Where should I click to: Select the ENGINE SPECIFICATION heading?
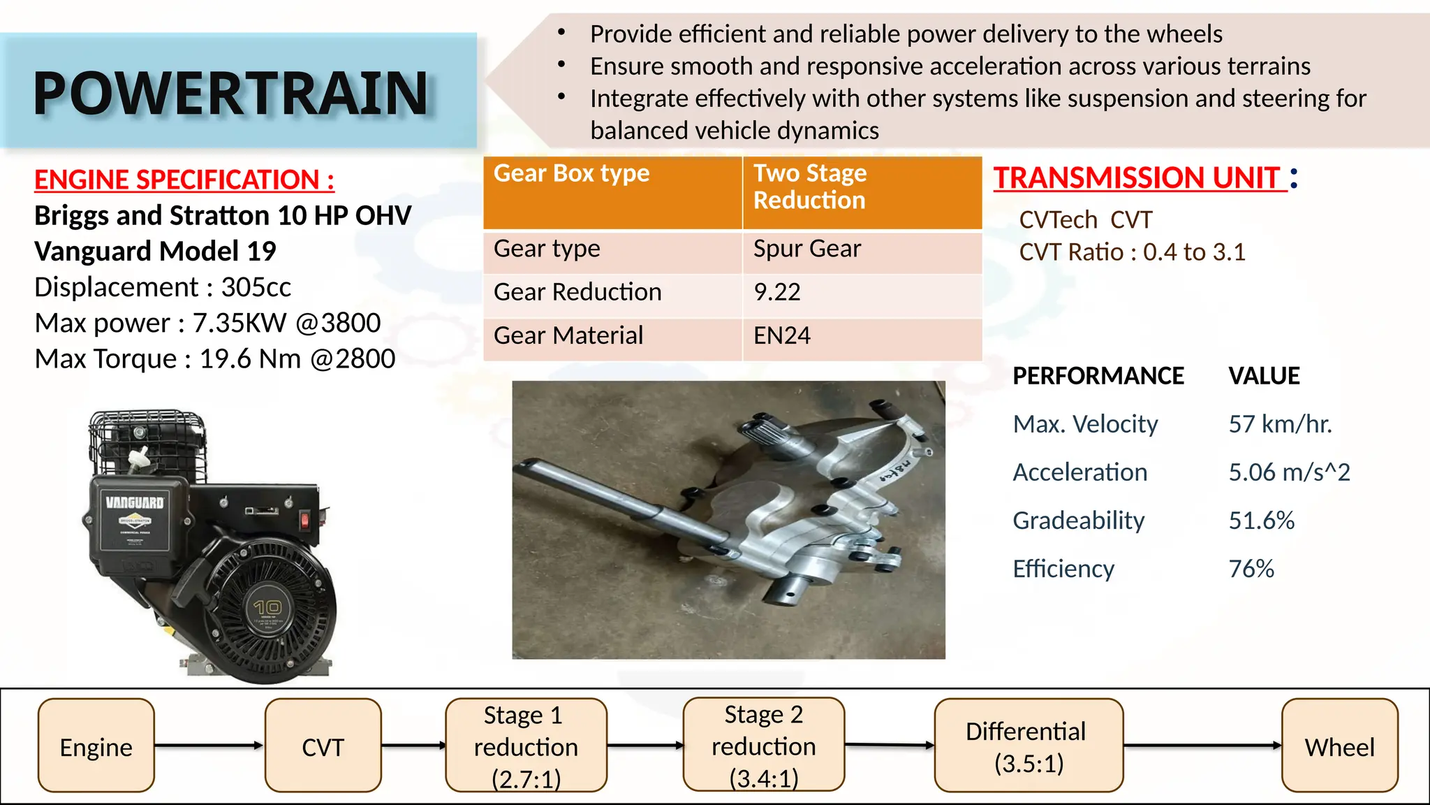(x=184, y=180)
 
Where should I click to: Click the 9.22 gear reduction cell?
(x=777, y=292)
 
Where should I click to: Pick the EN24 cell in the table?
(x=782, y=336)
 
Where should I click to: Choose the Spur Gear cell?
(x=807, y=249)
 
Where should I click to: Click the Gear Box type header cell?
(x=571, y=173)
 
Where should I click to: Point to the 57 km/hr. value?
(x=1280, y=424)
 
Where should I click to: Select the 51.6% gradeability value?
(x=1261, y=521)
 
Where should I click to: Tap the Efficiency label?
(x=1063, y=569)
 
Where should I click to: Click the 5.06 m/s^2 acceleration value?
(x=1289, y=472)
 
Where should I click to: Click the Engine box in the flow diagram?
(x=96, y=746)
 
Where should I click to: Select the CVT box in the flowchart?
(x=323, y=746)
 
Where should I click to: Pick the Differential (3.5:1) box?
(x=1028, y=746)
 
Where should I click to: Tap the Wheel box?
(x=1339, y=746)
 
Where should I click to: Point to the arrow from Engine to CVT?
(x=209, y=746)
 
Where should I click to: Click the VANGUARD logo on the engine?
(x=135, y=502)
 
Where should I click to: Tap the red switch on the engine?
(x=304, y=519)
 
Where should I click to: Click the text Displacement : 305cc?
(x=163, y=287)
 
